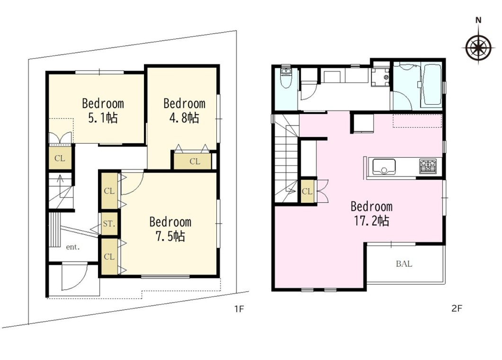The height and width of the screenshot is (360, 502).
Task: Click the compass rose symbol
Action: [478, 47]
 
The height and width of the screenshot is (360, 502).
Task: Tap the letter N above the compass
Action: [478, 20]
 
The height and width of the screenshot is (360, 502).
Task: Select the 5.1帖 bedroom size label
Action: [103, 118]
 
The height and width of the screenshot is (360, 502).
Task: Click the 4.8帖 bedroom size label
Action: [184, 118]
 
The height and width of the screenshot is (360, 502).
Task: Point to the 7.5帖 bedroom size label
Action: [170, 236]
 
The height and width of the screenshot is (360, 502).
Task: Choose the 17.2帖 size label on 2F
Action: [371, 221]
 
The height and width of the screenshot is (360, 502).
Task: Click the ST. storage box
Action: [109, 224]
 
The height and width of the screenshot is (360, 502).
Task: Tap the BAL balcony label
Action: [404, 264]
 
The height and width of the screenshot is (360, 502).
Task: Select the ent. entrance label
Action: [72, 247]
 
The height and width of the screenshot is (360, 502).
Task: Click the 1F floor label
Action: [239, 309]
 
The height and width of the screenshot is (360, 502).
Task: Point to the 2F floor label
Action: [457, 308]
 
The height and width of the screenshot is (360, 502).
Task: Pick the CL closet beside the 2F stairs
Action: [307, 191]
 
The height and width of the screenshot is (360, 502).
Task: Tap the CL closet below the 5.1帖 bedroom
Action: [60, 158]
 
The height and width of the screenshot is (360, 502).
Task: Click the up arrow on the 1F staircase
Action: [59, 182]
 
